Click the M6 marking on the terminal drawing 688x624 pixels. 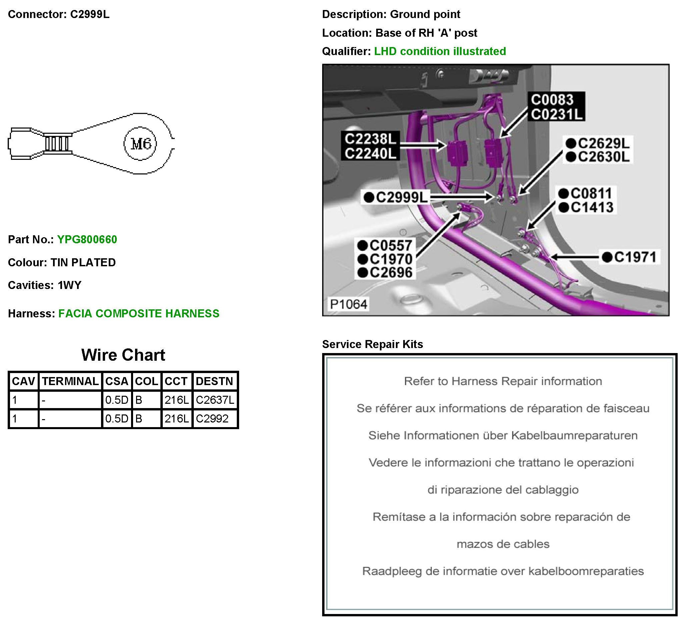click(141, 143)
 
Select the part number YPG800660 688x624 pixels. click(87, 239)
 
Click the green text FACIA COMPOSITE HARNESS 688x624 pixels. click(138, 314)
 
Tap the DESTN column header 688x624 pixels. click(214, 381)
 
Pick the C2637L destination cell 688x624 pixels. click(215, 400)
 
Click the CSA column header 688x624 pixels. click(117, 381)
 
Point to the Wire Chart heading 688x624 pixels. click(123, 355)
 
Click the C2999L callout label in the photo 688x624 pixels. click(401, 198)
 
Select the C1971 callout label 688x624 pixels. click(635, 257)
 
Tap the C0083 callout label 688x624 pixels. click(552, 100)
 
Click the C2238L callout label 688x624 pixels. click(370, 139)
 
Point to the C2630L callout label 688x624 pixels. click(603, 157)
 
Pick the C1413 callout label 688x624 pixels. click(592, 207)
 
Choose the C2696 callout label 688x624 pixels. click(391, 273)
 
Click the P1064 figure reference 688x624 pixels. click(349, 304)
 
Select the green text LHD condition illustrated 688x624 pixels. click(440, 51)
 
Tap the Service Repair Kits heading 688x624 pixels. click(372, 344)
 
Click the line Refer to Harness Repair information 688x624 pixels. click(503, 381)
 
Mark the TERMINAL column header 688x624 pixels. click(70, 381)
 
